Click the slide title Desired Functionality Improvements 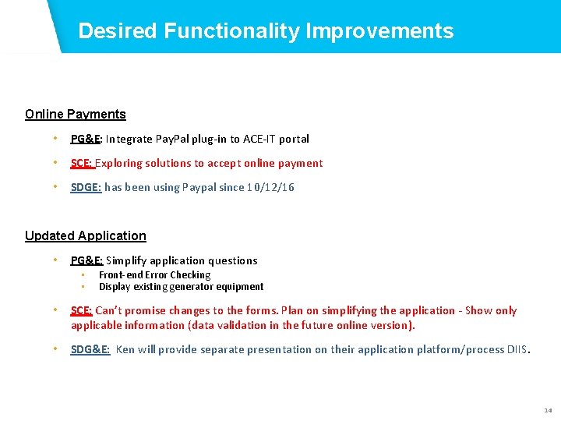pos(266,31)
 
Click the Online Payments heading pos(75,115)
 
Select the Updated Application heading pos(86,235)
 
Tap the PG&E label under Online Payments pos(85,140)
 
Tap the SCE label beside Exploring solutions pos(82,164)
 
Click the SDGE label pos(86,188)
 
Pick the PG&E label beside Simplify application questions pos(86,261)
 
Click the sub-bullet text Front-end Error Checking pos(154,275)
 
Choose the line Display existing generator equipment pos(181,287)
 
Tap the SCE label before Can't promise pos(82,311)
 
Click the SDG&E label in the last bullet pos(90,350)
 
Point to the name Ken pos(125,350)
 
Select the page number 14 pos(548,410)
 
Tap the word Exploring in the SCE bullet pos(120,164)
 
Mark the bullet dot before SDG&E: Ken pos(55,349)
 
